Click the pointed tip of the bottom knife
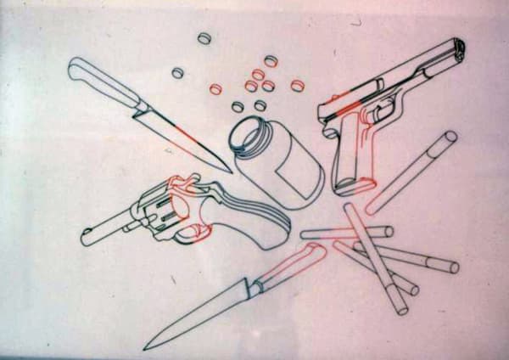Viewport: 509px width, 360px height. tap(146, 348)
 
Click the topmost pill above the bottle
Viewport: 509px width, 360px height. tap(204, 38)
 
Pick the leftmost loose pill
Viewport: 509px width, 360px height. tap(177, 73)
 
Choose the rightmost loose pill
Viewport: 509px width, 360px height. tap(297, 85)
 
